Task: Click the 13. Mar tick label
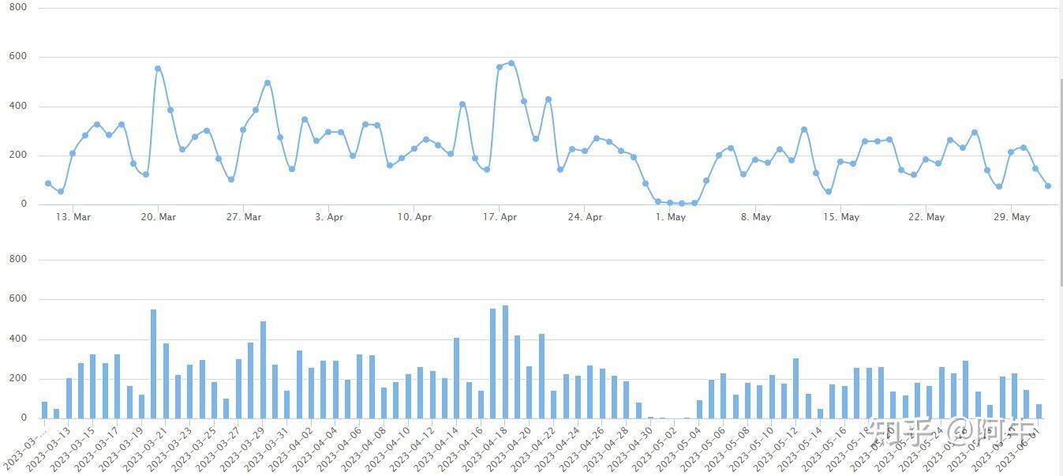pyautogui.click(x=72, y=217)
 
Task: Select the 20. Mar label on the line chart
pyautogui.click(x=158, y=217)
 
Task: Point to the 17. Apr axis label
pyautogui.click(x=500, y=217)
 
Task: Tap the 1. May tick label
pyautogui.click(x=670, y=217)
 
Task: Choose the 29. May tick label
pyautogui.click(x=1011, y=217)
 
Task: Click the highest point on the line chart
pyautogui.click(x=511, y=63)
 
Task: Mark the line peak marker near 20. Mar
pyautogui.click(x=158, y=69)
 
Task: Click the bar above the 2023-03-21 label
pyautogui.click(x=154, y=364)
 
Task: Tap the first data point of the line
pyautogui.click(x=48, y=183)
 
